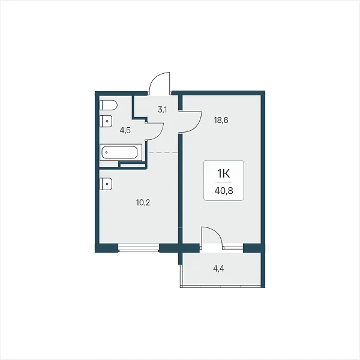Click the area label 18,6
click(x=221, y=120)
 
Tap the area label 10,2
click(x=143, y=203)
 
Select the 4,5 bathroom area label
click(x=125, y=130)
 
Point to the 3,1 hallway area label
click(x=163, y=110)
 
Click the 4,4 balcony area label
click(x=218, y=268)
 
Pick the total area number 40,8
click(x=224, y=190)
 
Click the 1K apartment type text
click(x=224, y=173)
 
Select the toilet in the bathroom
click(x=109, y=105)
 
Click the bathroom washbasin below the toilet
click(x=106, y=121)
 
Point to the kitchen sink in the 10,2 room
click(x=106, y=184)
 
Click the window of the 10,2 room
click(x=139, y=248)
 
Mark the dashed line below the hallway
click(x=163, y=152)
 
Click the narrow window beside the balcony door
click(x=233, y=248)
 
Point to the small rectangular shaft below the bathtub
click(x=133, y=165)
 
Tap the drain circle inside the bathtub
click(x=106, y=152)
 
